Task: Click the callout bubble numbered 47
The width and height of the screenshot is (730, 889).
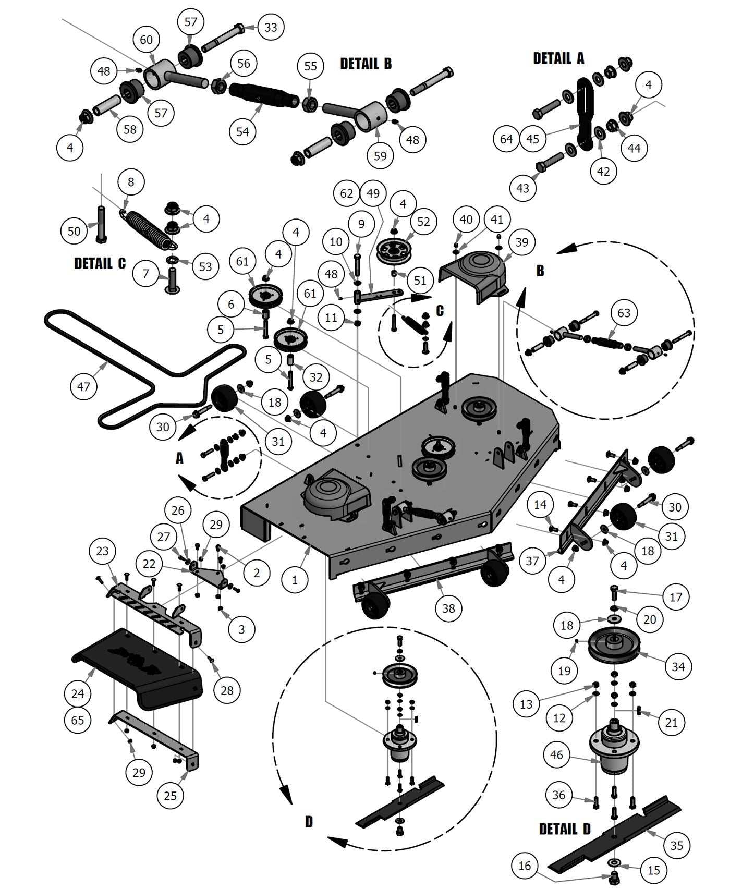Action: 83,386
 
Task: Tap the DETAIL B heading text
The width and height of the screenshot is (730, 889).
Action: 366,64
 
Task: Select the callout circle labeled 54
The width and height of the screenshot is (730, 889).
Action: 243,131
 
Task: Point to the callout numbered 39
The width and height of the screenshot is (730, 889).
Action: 521,242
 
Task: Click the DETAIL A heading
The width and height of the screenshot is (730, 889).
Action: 558,58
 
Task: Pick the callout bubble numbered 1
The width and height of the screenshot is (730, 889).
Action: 295,579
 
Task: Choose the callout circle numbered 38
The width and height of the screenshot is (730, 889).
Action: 448,608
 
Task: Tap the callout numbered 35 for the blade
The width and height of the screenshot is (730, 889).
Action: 676,845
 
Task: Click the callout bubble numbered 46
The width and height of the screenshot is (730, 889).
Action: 557,754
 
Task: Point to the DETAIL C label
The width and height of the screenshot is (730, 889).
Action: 100,263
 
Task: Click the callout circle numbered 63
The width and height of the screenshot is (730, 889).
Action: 624,313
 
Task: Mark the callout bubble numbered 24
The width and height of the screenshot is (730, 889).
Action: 78,693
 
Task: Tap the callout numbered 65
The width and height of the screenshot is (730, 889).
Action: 78,720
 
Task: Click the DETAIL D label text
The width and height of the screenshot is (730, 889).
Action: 565,829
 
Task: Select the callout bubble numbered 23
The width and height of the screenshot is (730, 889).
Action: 103,551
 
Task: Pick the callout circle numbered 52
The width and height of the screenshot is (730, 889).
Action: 423,222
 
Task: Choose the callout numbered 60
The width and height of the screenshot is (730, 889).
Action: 147,40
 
